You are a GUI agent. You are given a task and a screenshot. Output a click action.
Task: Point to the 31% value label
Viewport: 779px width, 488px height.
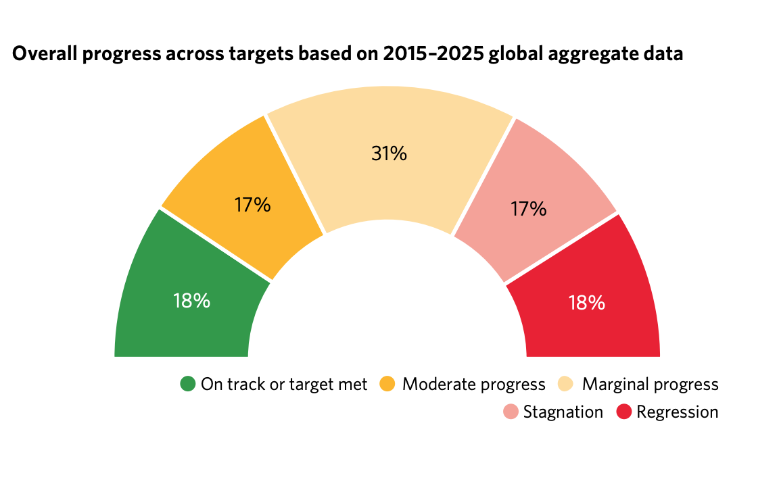[x=389, y=154]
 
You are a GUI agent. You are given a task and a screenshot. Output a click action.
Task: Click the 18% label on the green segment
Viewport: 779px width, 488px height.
[x=191, y=301]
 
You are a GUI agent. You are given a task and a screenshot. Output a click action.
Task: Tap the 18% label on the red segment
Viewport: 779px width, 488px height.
[x=586, y=302]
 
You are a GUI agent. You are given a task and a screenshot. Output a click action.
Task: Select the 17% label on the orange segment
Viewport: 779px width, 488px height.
[x=252, y=205]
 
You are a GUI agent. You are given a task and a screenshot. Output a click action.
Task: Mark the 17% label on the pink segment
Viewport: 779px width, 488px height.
[x=528, y=209]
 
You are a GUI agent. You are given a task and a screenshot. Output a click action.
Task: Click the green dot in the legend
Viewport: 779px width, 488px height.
[x=187, y=385]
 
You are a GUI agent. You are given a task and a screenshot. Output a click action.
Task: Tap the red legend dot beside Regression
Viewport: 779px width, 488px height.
[x=623, y=412]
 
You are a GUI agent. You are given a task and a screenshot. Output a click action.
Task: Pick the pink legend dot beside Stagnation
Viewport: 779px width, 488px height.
[x=511, y=412]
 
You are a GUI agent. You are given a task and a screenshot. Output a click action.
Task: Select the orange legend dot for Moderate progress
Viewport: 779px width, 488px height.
[x=387, y=385]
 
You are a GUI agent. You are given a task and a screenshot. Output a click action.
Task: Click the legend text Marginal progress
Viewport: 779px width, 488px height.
[x=650, y=385]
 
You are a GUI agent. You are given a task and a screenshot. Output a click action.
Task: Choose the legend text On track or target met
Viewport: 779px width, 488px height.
[x=284, y=385]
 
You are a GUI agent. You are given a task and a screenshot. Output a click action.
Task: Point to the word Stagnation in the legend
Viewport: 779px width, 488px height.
[x=563, y=412]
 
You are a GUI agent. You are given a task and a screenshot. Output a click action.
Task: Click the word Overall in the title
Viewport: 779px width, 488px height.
[x=43, y=55]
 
